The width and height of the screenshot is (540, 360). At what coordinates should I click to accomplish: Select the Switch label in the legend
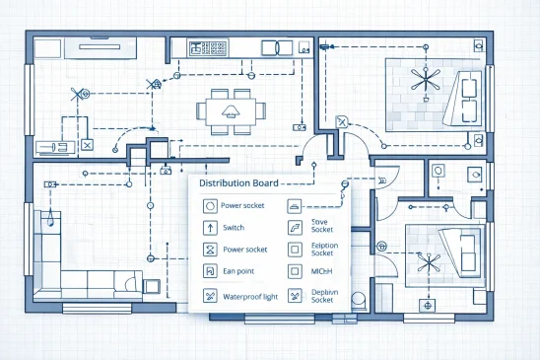pos(235,228)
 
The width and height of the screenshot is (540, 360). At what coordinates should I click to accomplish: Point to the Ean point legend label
pos(238,270)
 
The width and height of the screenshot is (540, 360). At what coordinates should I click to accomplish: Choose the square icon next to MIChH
pos(295,270)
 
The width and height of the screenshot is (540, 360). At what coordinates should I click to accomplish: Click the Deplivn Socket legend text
pos(324,296)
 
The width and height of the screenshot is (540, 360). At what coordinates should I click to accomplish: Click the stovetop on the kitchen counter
pos(208,47)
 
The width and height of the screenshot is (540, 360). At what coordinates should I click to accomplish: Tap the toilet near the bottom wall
pos(358,298)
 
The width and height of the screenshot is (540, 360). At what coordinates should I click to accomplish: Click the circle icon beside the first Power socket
pos(209,206)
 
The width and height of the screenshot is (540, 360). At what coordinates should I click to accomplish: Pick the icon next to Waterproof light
pos(209,295)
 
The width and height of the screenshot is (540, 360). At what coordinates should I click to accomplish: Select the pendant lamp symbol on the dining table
pos(236,107)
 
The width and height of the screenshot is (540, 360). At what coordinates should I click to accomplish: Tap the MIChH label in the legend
pos(320,270)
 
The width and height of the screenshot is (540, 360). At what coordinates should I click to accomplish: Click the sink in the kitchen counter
pos(269,47)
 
